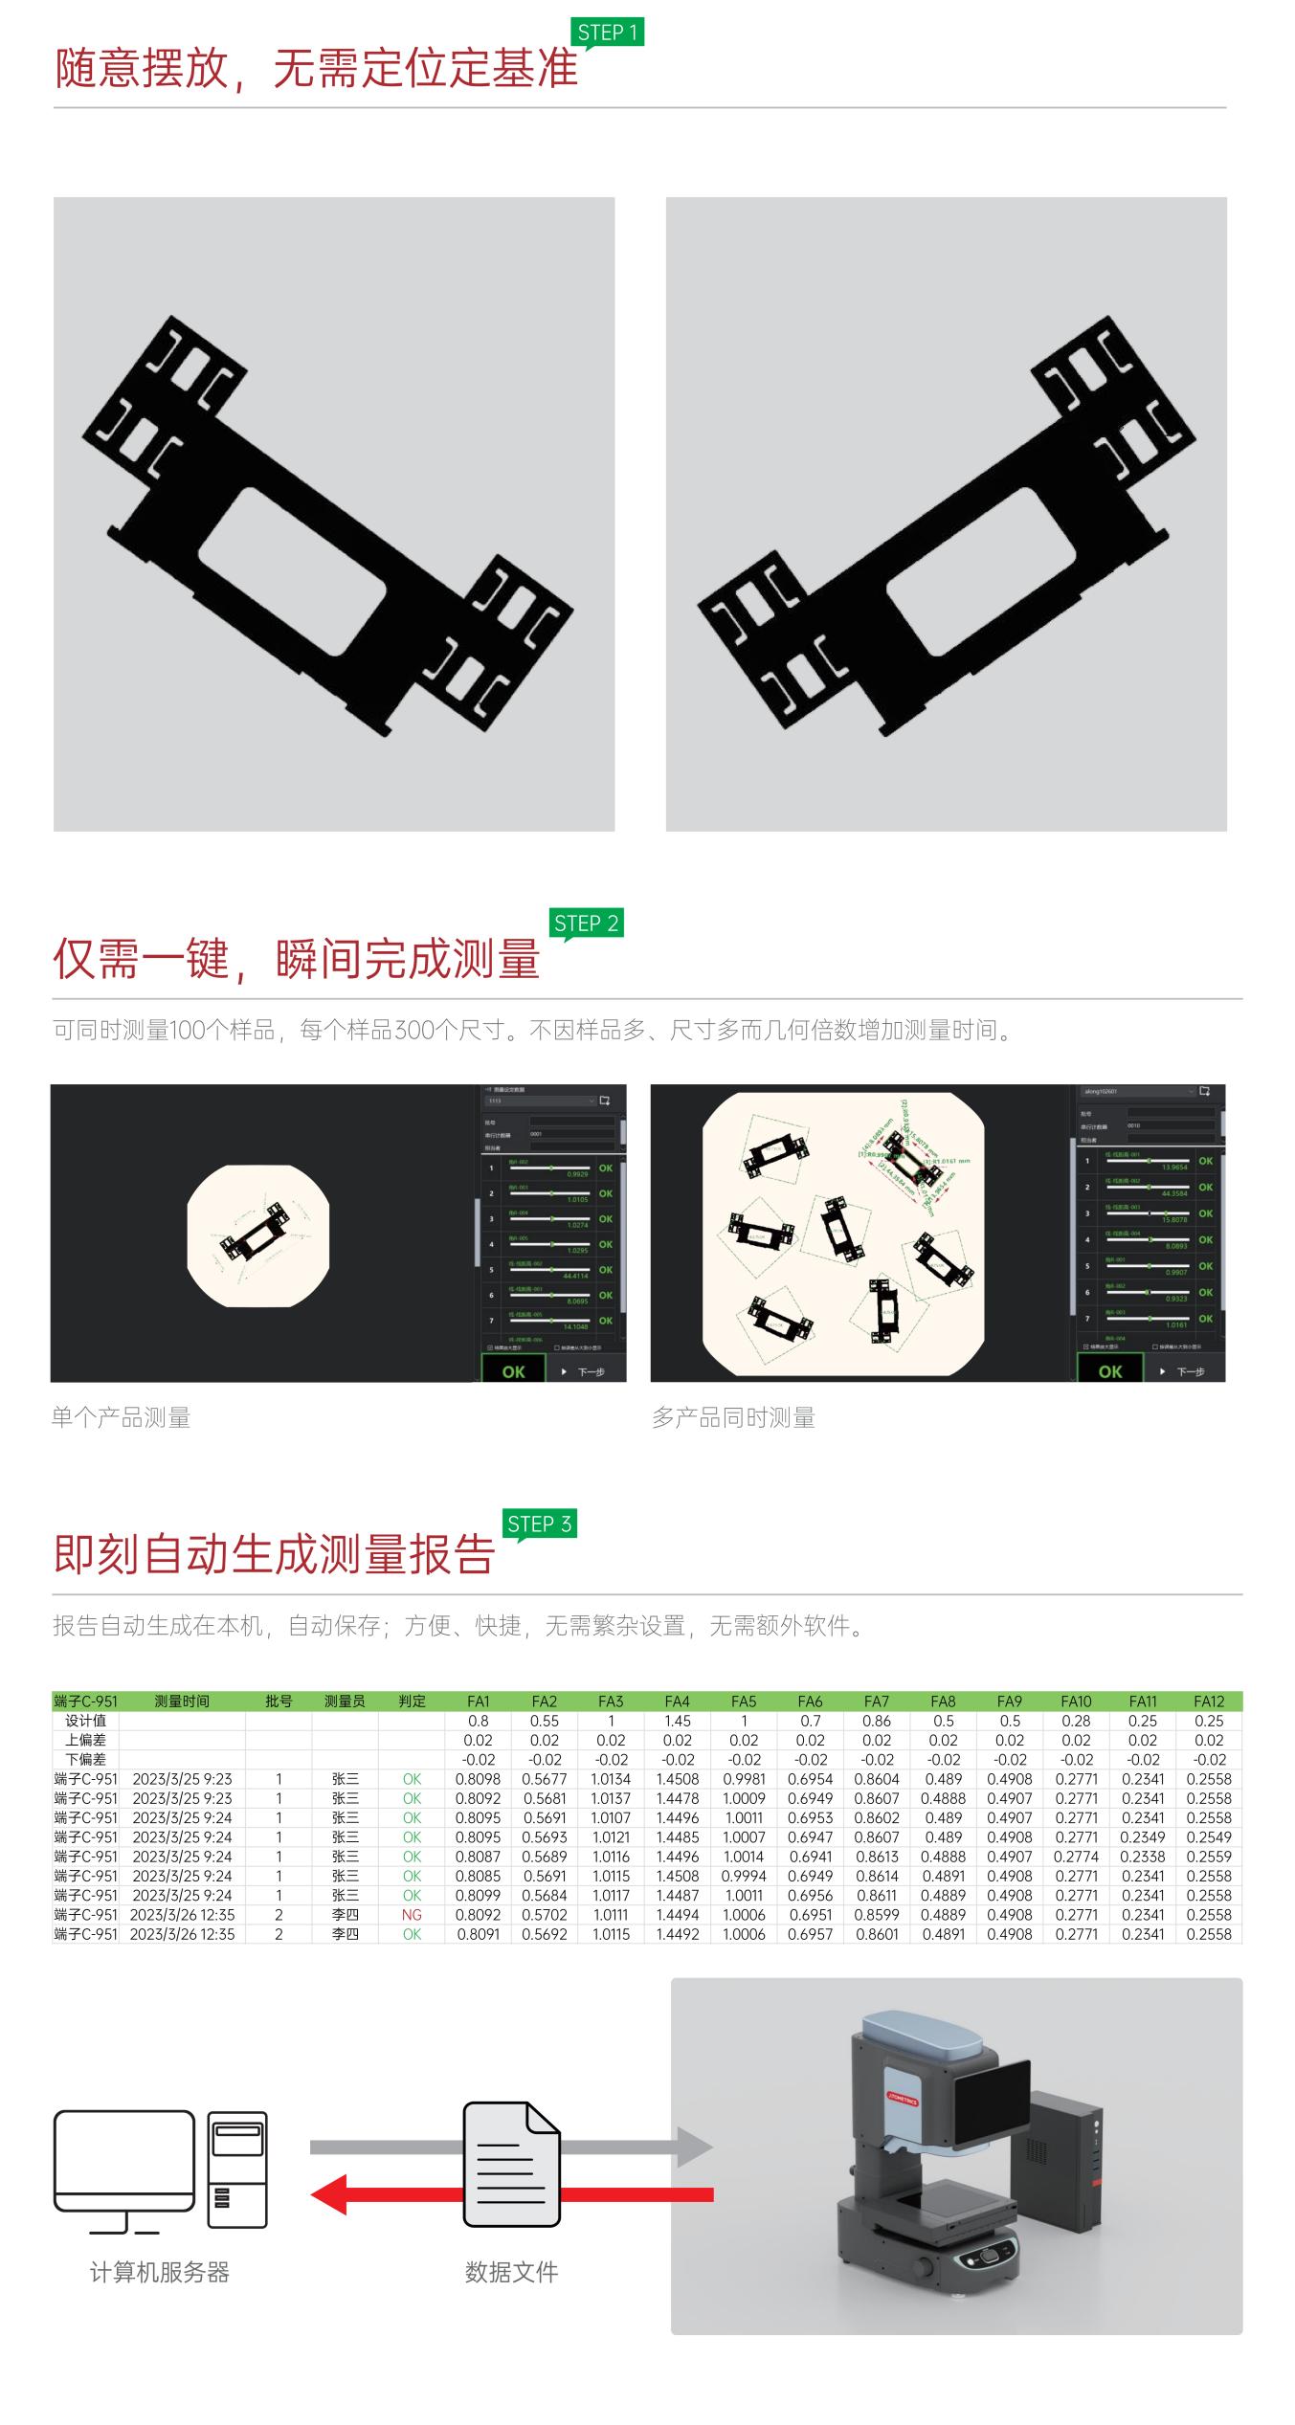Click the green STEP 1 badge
[607, 33]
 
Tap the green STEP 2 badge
[586, 923]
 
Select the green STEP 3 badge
[539, 1524]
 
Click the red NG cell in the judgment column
[412, 1915]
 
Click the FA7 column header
[877, 1702]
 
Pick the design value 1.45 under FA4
[677, 1721]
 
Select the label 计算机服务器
[159, 2273]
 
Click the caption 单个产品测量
[121, 1418]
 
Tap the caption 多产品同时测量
[733, 1418]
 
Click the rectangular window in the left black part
[292, 571]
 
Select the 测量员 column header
[345, 1702]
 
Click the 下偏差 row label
[85, 1760]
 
